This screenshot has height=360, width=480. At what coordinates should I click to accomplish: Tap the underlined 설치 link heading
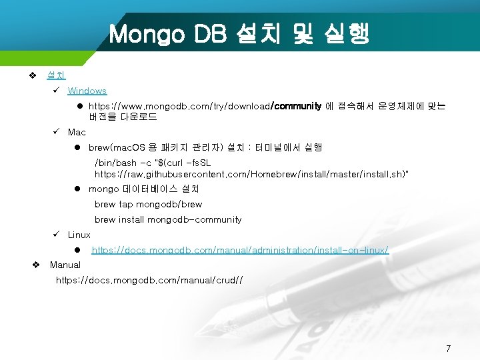[x=56, y=76]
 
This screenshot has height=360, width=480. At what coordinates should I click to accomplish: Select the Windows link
[x=87, y=91]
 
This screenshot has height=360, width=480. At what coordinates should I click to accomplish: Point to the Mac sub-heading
[x=77, y=132]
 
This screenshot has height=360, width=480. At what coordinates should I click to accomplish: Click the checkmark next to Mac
[x=57, y=132]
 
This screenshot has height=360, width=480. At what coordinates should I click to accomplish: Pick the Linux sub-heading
[x=79, y=235]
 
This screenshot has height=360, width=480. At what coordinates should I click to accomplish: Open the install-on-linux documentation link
[x=240, y=250]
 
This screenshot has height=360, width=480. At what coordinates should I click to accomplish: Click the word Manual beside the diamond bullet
[x=65, y=265]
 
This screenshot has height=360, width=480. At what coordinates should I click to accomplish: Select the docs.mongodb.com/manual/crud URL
[x=149, y=281]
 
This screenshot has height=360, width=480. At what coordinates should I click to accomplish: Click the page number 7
[x=448, y=348]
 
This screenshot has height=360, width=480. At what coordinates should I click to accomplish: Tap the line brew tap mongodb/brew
[x=148, y=204]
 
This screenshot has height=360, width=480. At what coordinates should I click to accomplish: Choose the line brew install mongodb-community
[x=168, y=219]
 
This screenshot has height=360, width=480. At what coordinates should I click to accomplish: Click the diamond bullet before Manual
[x=37, y=265]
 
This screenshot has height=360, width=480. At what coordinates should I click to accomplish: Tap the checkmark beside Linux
[x=57, y=235]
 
